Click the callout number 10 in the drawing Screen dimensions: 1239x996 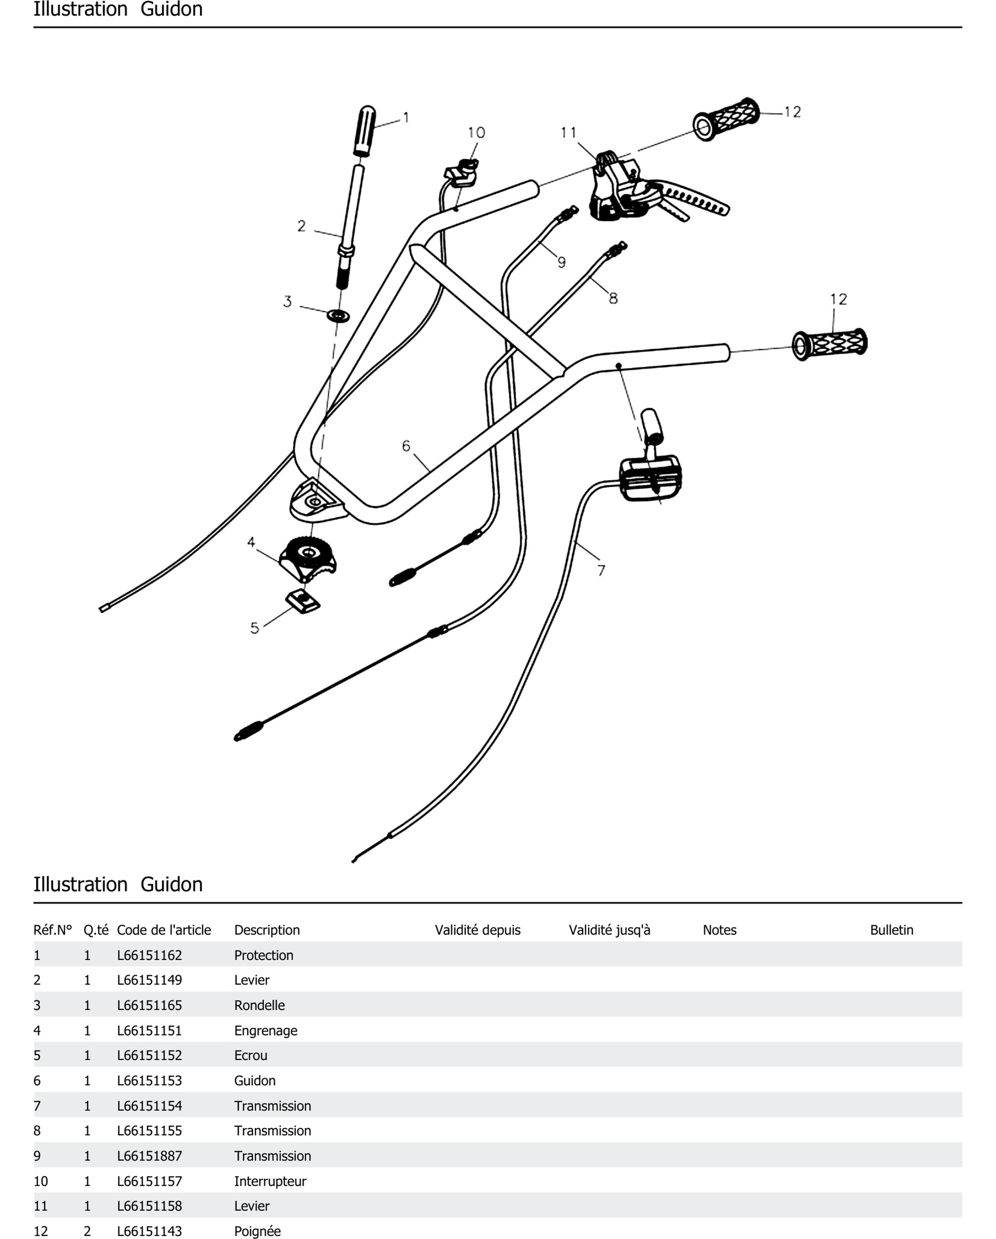(x=476, y=133)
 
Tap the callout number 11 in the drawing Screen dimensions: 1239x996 (x=568, y=133)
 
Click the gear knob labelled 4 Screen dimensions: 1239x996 (x=308, y=556)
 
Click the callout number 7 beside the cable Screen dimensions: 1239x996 (x=601, y=570)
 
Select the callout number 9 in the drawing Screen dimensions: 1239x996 (x=562, y=262)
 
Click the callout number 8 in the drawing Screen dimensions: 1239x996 (x=613, y=298)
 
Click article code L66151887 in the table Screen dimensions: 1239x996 (x=149, y=1155)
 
